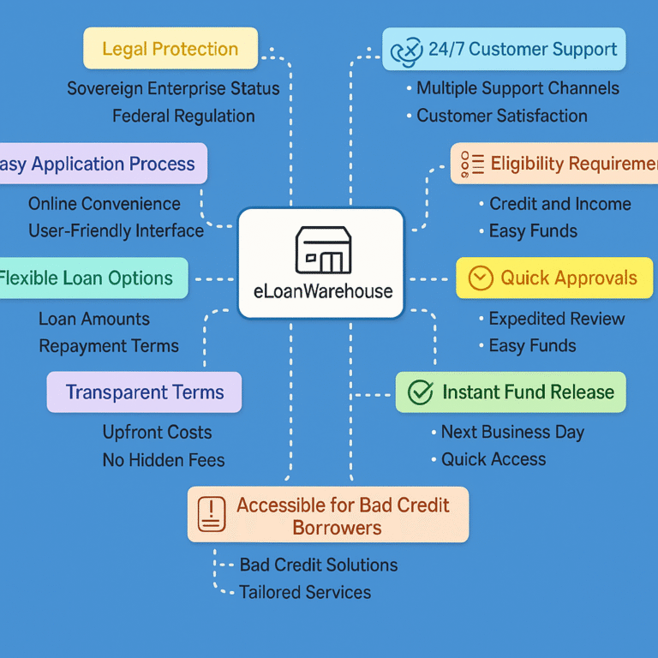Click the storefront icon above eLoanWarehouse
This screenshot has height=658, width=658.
pos(323,250)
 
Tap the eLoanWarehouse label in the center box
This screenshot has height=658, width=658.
pos(323,291)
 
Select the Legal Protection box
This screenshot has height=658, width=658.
pos(170,48)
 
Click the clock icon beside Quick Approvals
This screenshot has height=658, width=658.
pos(481,278)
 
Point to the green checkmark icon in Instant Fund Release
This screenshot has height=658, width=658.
pos(421,392)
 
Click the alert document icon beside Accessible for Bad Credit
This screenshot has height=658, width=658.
pos(212,514)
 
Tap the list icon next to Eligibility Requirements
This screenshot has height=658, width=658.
pos(472,164)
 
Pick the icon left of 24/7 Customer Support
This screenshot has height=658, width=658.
pos(406,51)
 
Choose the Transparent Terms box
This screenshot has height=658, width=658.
pos(144,392)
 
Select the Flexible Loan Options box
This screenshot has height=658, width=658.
pos(93,278)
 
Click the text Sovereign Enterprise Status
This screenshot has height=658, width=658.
pos(173,88)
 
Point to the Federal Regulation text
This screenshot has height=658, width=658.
pos(184,116)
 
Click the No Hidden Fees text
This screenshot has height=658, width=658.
pos(164,460)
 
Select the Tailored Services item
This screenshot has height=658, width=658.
pos(305,592)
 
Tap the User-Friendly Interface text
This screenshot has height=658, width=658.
pos(117,230)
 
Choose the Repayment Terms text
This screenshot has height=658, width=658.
pos(109,346)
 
